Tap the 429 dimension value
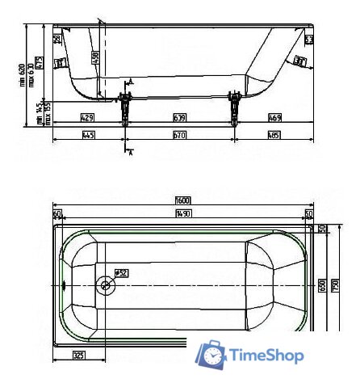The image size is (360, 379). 87,117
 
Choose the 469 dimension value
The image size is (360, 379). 274,117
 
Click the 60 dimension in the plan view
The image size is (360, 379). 57,213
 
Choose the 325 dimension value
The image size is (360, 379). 78,355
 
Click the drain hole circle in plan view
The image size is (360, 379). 105,284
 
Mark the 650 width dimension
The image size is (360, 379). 321,284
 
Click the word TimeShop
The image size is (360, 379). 267,355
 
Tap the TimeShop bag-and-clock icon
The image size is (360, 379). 212,354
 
